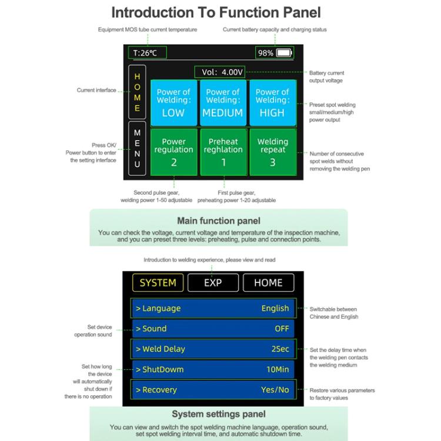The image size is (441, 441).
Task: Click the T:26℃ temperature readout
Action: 146,53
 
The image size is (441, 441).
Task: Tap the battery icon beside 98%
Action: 284,53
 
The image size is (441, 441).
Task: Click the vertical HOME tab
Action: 137,92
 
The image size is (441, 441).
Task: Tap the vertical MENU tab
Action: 137,149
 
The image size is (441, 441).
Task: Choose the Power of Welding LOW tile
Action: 173,103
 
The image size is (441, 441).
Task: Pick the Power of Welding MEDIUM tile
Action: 223,103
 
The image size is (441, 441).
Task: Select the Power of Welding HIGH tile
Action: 272,103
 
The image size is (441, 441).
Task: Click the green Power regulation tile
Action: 173,152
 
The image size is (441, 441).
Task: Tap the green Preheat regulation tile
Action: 223,152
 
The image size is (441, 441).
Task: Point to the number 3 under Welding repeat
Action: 273,162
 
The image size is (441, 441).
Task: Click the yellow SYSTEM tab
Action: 158,283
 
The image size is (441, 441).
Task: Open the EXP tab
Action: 213,283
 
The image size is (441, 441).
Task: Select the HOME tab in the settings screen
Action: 268,283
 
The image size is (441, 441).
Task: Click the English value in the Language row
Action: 275,308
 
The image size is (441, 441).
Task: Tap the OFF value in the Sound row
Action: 282,329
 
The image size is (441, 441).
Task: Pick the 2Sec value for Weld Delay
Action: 280,349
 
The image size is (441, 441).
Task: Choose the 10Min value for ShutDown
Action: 278,369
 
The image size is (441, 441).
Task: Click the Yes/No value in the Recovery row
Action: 275,390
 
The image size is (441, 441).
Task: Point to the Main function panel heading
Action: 219,221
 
